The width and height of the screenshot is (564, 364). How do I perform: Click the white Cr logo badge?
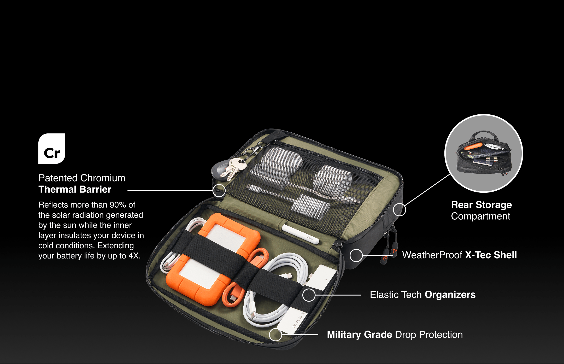[x=52, y=149]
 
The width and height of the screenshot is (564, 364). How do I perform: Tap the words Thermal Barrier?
[x=75, y=189]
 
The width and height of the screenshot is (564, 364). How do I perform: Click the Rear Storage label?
[x=481, y=205]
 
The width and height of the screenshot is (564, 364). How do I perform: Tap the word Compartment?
[x=480, y=216]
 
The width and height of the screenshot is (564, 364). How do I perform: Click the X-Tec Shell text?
[x=491, y=255]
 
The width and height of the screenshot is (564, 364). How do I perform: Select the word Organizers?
[x=450, y=295]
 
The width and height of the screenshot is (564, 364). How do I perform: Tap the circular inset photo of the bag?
[x=484, y=153]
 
